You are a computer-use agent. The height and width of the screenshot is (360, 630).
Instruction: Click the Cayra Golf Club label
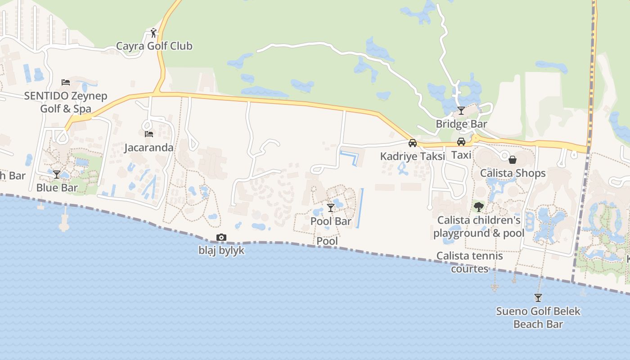point(154,46)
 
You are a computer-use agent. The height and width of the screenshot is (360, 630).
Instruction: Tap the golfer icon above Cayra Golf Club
point(153,33)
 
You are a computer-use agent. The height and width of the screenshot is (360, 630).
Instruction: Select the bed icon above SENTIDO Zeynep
point(66,82)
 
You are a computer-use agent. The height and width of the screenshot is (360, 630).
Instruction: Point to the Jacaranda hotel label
point(148,147)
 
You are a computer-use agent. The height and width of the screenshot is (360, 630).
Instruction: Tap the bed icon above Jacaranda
point(148,134)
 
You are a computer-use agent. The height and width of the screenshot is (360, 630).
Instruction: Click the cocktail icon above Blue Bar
point(57,174)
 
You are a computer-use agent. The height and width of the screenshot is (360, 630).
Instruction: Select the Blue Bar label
point(57,187)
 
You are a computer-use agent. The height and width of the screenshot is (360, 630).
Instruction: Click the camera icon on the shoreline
point(221,237)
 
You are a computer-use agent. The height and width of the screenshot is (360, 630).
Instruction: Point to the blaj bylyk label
point(221,250)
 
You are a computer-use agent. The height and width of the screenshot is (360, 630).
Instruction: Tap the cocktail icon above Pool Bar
point(331,207)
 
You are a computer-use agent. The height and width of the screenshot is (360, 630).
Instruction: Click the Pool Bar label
point(331,221)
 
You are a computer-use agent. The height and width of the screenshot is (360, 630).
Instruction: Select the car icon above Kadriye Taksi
point(412,143)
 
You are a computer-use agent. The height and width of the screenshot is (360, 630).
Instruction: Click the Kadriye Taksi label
point(412,156)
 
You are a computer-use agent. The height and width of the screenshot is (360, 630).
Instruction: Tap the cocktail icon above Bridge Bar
point(461,110)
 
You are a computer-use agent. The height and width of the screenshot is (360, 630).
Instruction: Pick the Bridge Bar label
point(461,124)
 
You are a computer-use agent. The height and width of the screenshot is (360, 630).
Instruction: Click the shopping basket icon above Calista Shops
point(513,160)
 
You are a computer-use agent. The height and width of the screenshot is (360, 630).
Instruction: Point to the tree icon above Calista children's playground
point(479,207)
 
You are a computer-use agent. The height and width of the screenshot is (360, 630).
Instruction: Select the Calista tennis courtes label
point(470,262)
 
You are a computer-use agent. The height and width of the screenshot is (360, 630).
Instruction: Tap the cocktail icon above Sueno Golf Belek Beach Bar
point(538,297)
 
